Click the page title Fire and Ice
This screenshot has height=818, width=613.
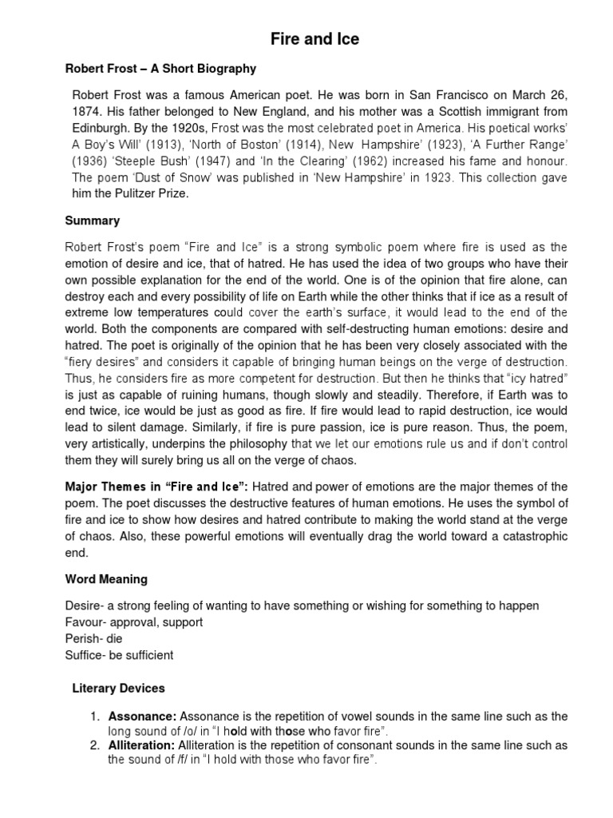click(x=306, y=39)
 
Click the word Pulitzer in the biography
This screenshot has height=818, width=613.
click(x=136, y=194)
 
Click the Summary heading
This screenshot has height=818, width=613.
click(x=92, y=220)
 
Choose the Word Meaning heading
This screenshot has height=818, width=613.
click(x=105, y=578)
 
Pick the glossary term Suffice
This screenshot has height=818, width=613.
click(x=84, y=655)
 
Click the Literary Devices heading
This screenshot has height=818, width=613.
click(x=118, y=688)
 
